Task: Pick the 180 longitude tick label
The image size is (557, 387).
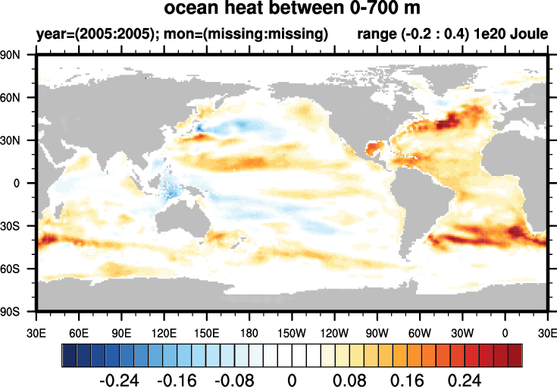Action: (x=249, y=332)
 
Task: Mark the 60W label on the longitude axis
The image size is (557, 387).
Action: (x=419, y=332)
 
